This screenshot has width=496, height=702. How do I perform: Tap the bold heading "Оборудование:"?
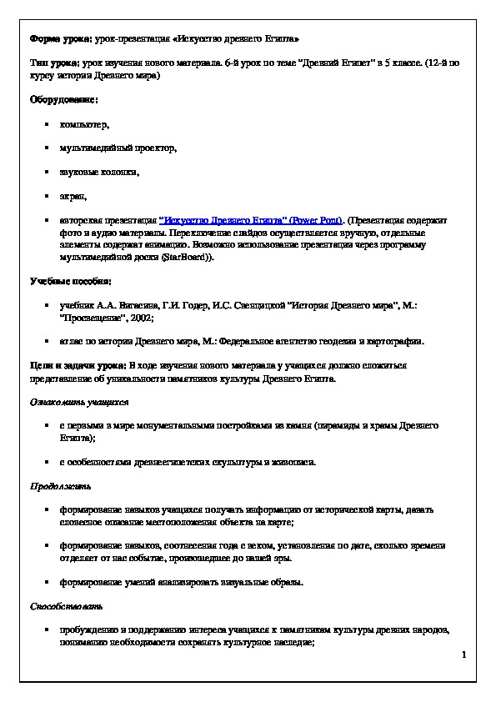tap(62, 99)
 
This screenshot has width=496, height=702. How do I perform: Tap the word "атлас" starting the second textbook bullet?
tap(72, 341)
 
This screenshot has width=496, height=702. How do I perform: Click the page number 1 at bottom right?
tap(463, 656)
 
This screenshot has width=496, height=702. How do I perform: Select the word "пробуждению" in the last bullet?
tap(91, 629)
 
